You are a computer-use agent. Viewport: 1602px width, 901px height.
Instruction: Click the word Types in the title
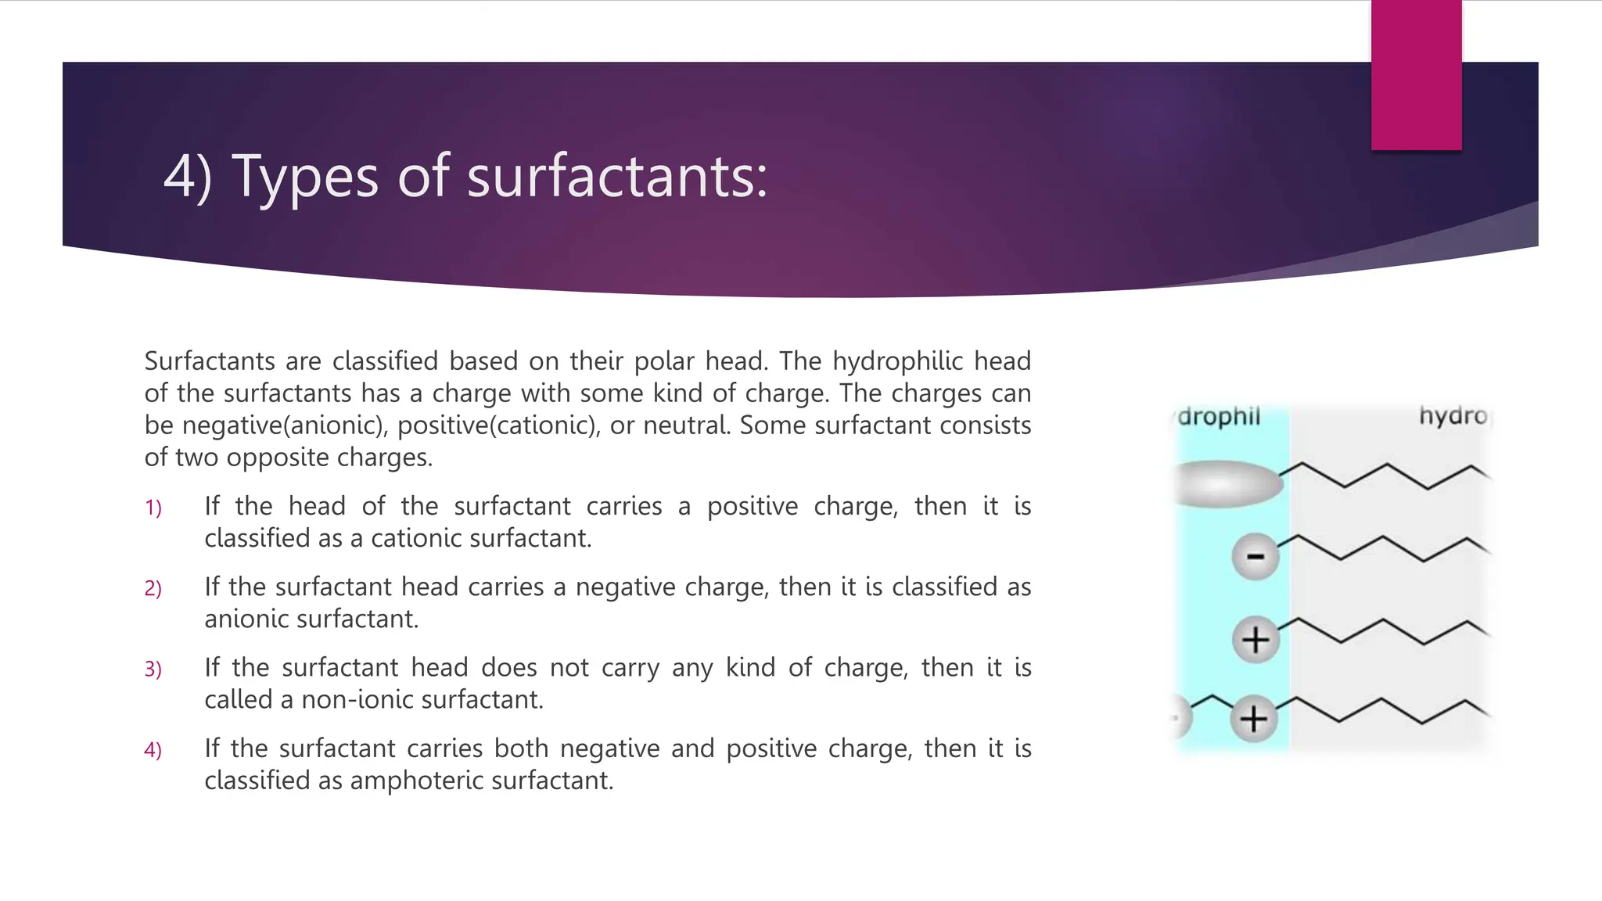(305, 177)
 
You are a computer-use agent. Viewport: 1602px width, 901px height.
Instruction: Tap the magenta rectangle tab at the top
(1416, 75)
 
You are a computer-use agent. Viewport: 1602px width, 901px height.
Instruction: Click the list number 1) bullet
(153, 508)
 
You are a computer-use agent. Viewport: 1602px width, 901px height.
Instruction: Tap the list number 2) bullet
(153, 589)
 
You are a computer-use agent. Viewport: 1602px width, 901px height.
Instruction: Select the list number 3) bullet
(153, 669)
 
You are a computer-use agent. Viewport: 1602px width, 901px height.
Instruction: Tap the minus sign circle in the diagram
(1255, 557)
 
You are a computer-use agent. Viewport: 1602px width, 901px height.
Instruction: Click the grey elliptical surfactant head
(1228, 484)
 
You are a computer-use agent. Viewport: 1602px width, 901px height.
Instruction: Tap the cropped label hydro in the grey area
(1453, 416)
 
